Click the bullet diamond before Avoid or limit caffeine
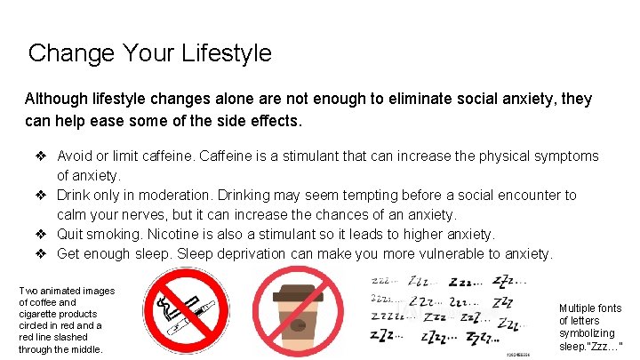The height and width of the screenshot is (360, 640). [42, 156]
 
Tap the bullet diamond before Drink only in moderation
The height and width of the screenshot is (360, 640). [42, 195]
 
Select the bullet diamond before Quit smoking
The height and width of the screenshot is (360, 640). [42, 234]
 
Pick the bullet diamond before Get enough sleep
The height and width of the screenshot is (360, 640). [42, 253]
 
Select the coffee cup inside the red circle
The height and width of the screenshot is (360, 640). [300, 314]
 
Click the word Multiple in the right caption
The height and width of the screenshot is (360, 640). [578, 308]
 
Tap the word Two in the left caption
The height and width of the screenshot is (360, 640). [29, 291]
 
